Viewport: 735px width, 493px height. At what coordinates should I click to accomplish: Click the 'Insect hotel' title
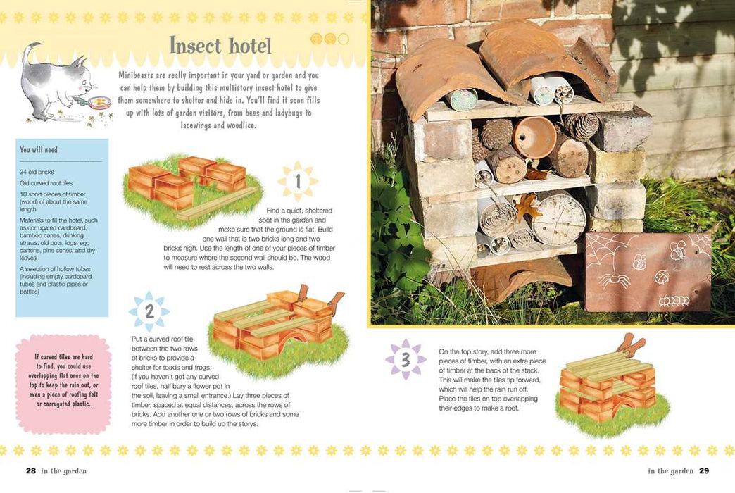(220, 46)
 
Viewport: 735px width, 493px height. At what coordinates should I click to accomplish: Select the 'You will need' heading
(39, 149)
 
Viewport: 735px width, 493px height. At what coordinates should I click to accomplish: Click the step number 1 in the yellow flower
(298, 181)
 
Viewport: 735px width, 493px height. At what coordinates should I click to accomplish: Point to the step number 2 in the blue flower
(149, 311)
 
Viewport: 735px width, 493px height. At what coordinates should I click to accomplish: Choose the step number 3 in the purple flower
(406, 360)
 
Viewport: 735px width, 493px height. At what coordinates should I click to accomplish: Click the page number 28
(31, 470)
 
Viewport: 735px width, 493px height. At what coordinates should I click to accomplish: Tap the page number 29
(704, 470)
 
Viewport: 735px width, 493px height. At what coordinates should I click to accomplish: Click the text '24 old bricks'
(37, 172)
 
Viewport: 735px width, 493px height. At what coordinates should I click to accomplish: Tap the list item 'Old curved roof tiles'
(46, 183)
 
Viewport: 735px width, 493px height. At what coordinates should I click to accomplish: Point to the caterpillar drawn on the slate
(674, 301)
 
